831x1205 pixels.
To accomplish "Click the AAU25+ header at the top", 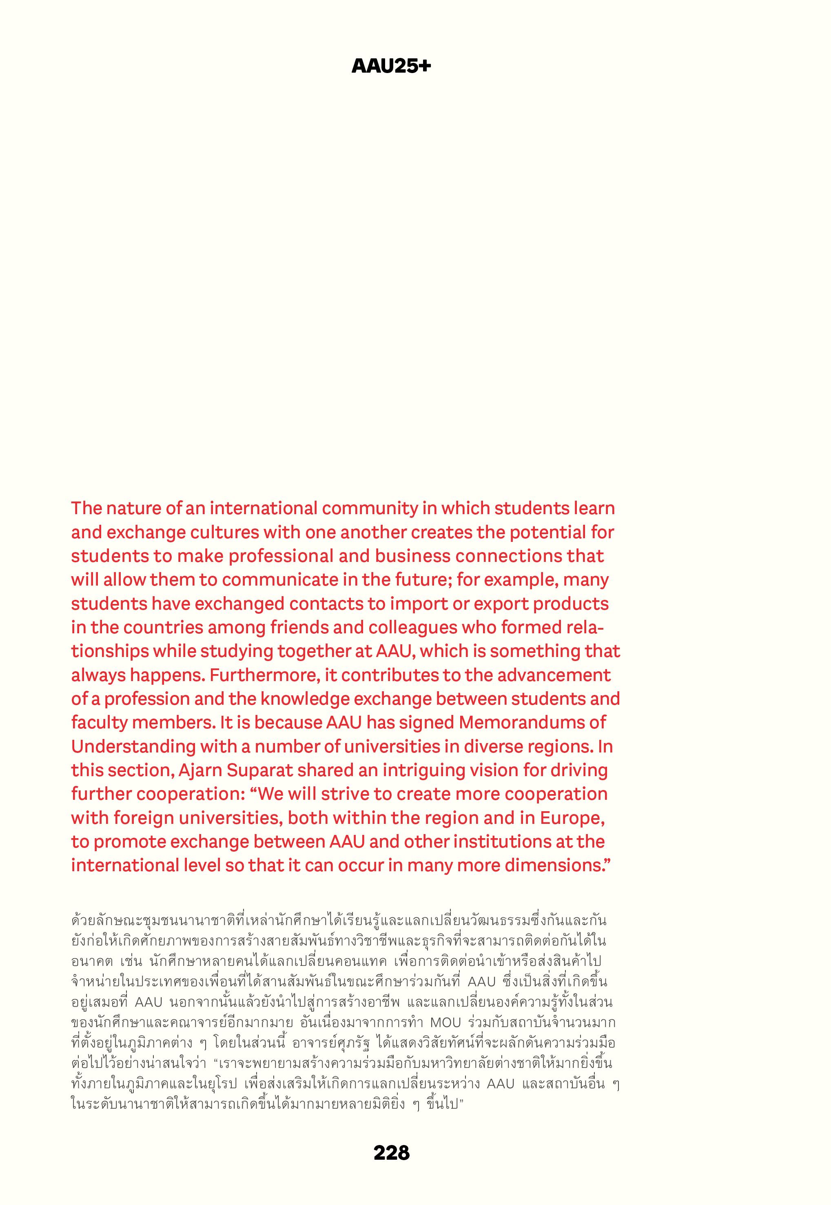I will click(x=391, y=66).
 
